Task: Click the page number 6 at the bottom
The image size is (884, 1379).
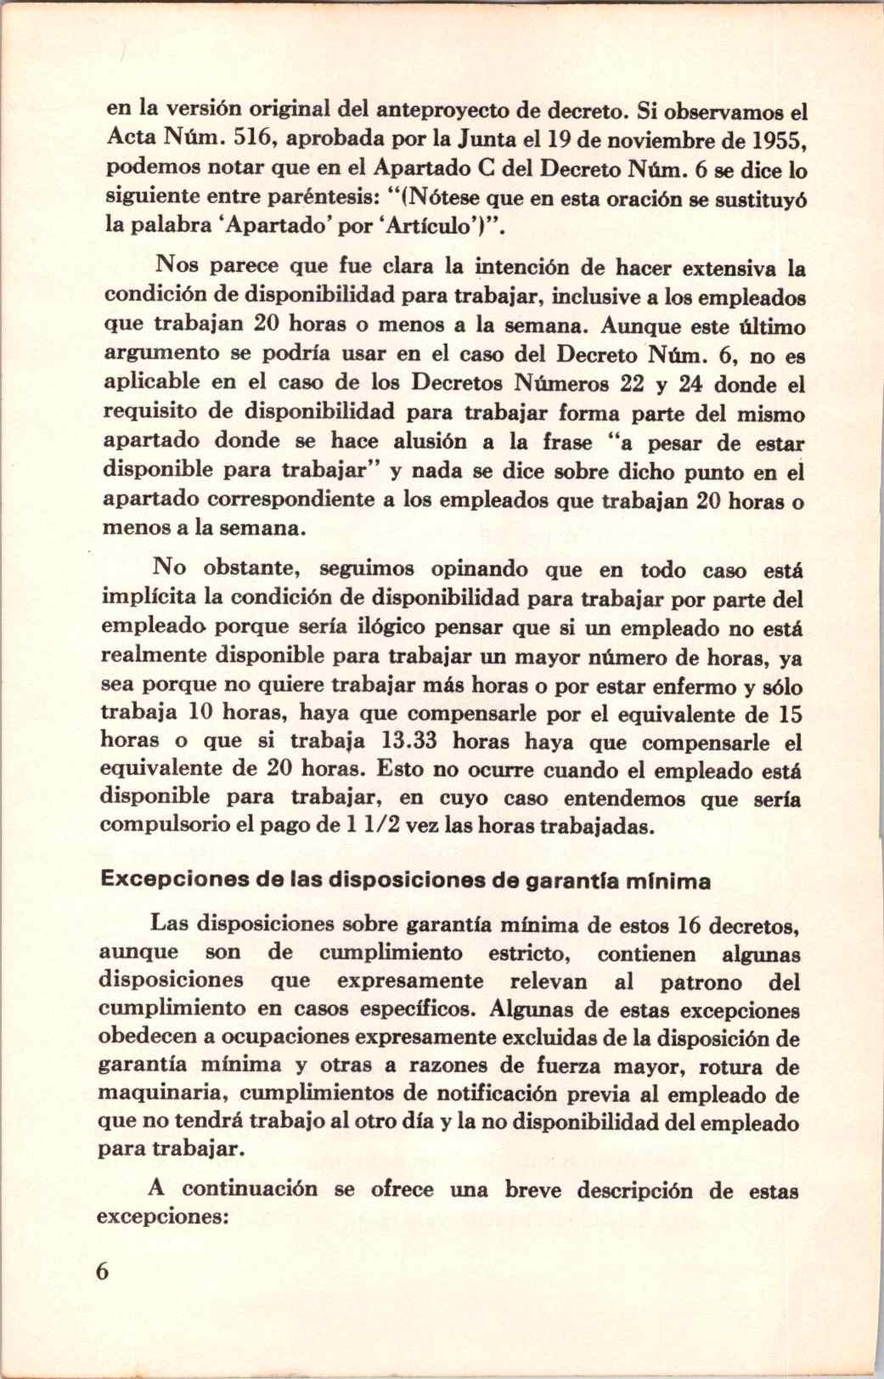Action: coord(104,1272)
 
